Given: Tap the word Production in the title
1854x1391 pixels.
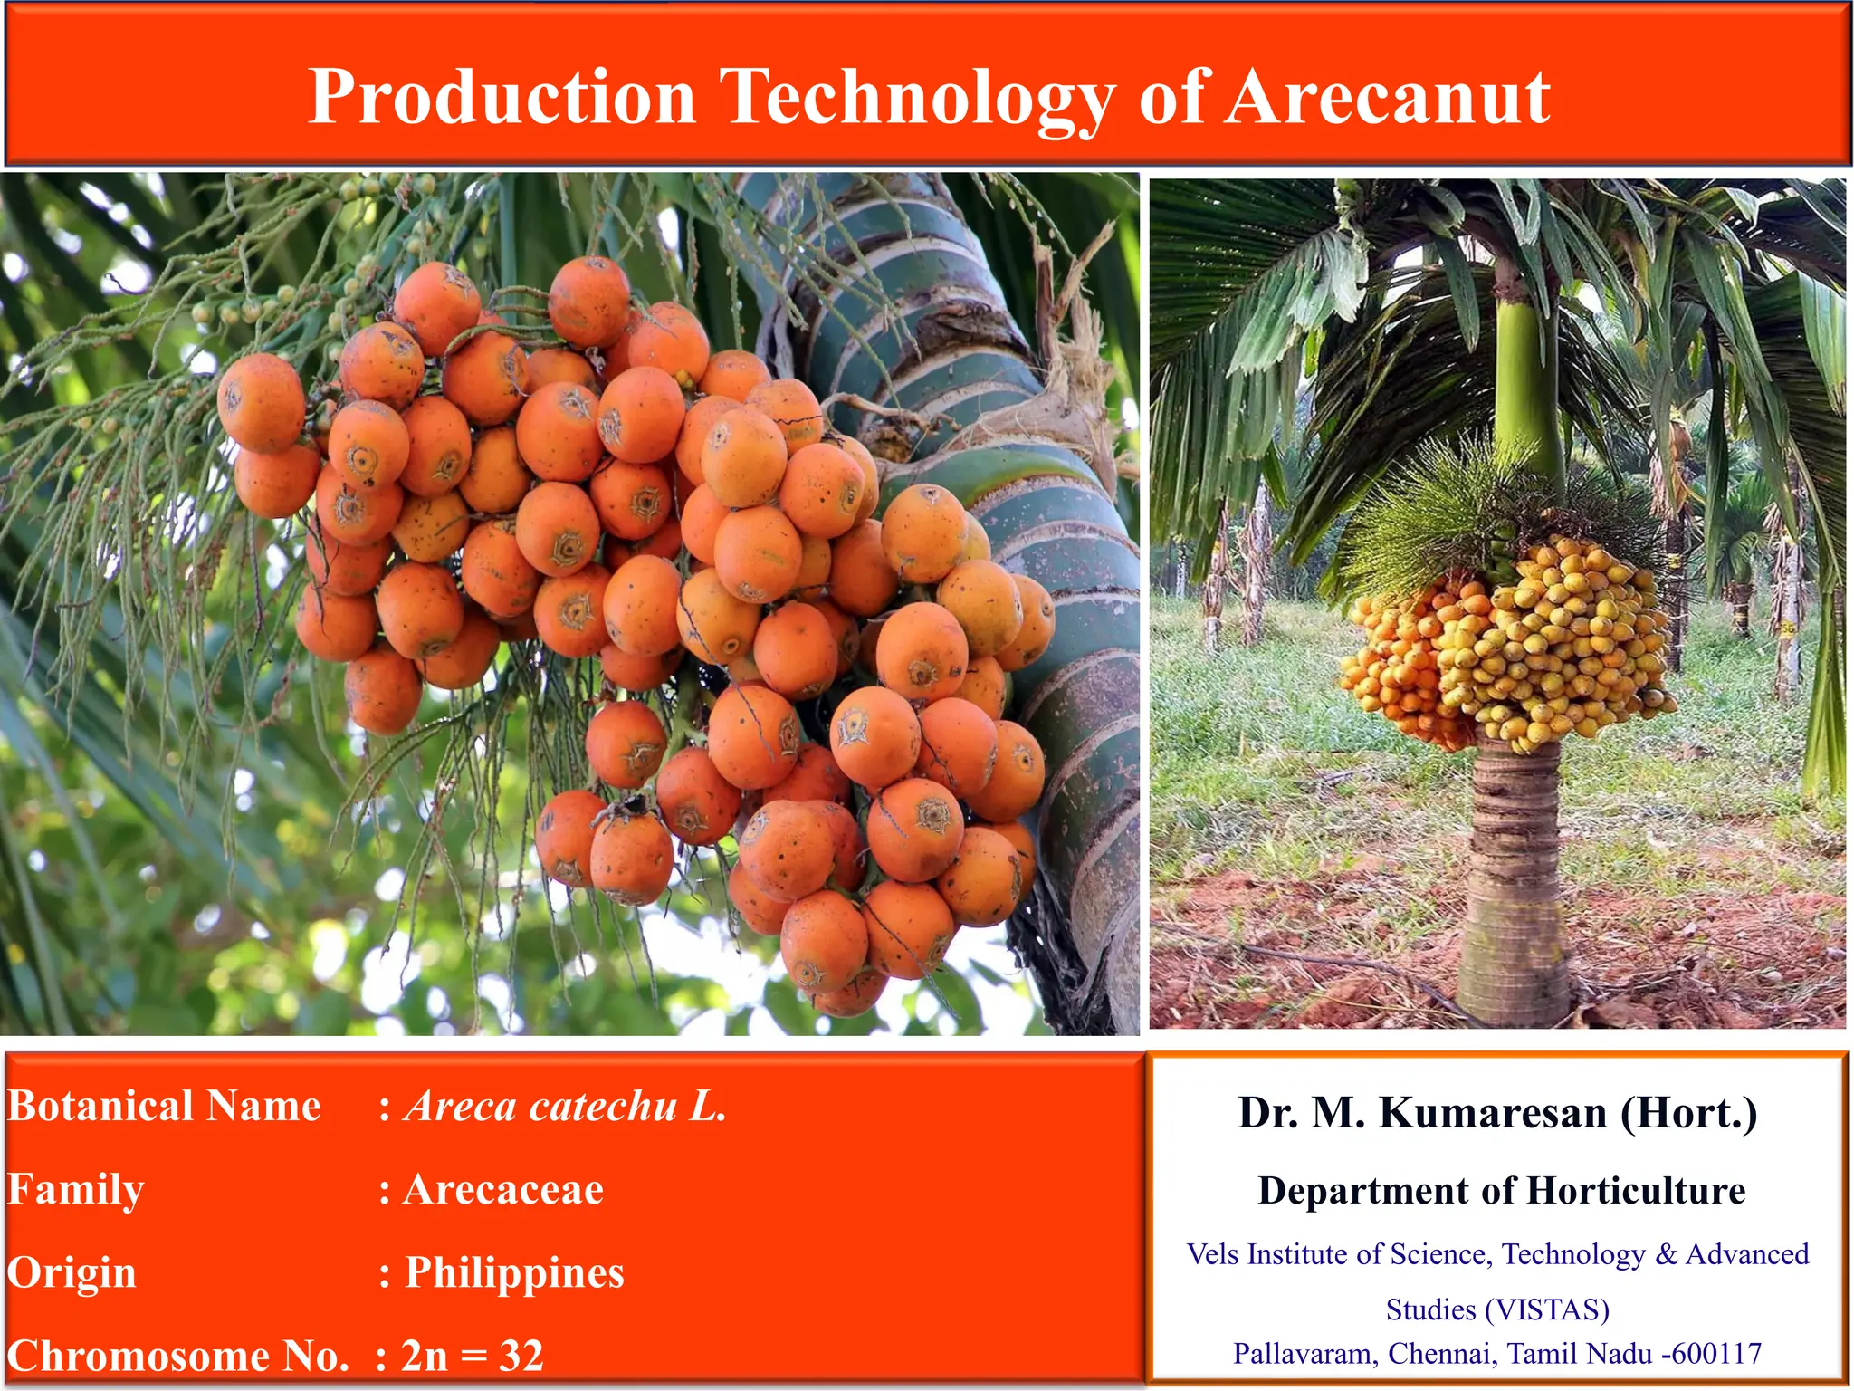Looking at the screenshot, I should pyautogui.click(x=502, y=97).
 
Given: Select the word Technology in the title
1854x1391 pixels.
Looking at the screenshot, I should pyautogui.click(x=916, y=97).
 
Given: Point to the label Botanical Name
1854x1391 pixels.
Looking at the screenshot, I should pyautogui.click(x=164, y=1107).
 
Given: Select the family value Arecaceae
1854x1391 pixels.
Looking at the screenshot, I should pyautogui.click(x=503, y=1190).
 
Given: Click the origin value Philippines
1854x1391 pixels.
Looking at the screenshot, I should pyautogui.click(x=514, y=1273).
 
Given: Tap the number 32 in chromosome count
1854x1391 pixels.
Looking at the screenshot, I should pyautogui.click(x=521, y=1356).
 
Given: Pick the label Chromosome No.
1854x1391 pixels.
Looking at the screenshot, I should pyautogui.click(x=177, y=1356).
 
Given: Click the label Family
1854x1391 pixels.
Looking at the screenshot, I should pyautogui.click(x=76, y=1190).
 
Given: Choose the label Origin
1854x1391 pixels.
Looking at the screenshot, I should pyautogui.click(x=72, y=1273).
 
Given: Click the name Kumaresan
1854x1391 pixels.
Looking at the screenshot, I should pyautogui.click(x=1493, y=1113).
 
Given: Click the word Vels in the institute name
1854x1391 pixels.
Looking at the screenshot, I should pyautogui.click(x=1212, y=1254).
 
